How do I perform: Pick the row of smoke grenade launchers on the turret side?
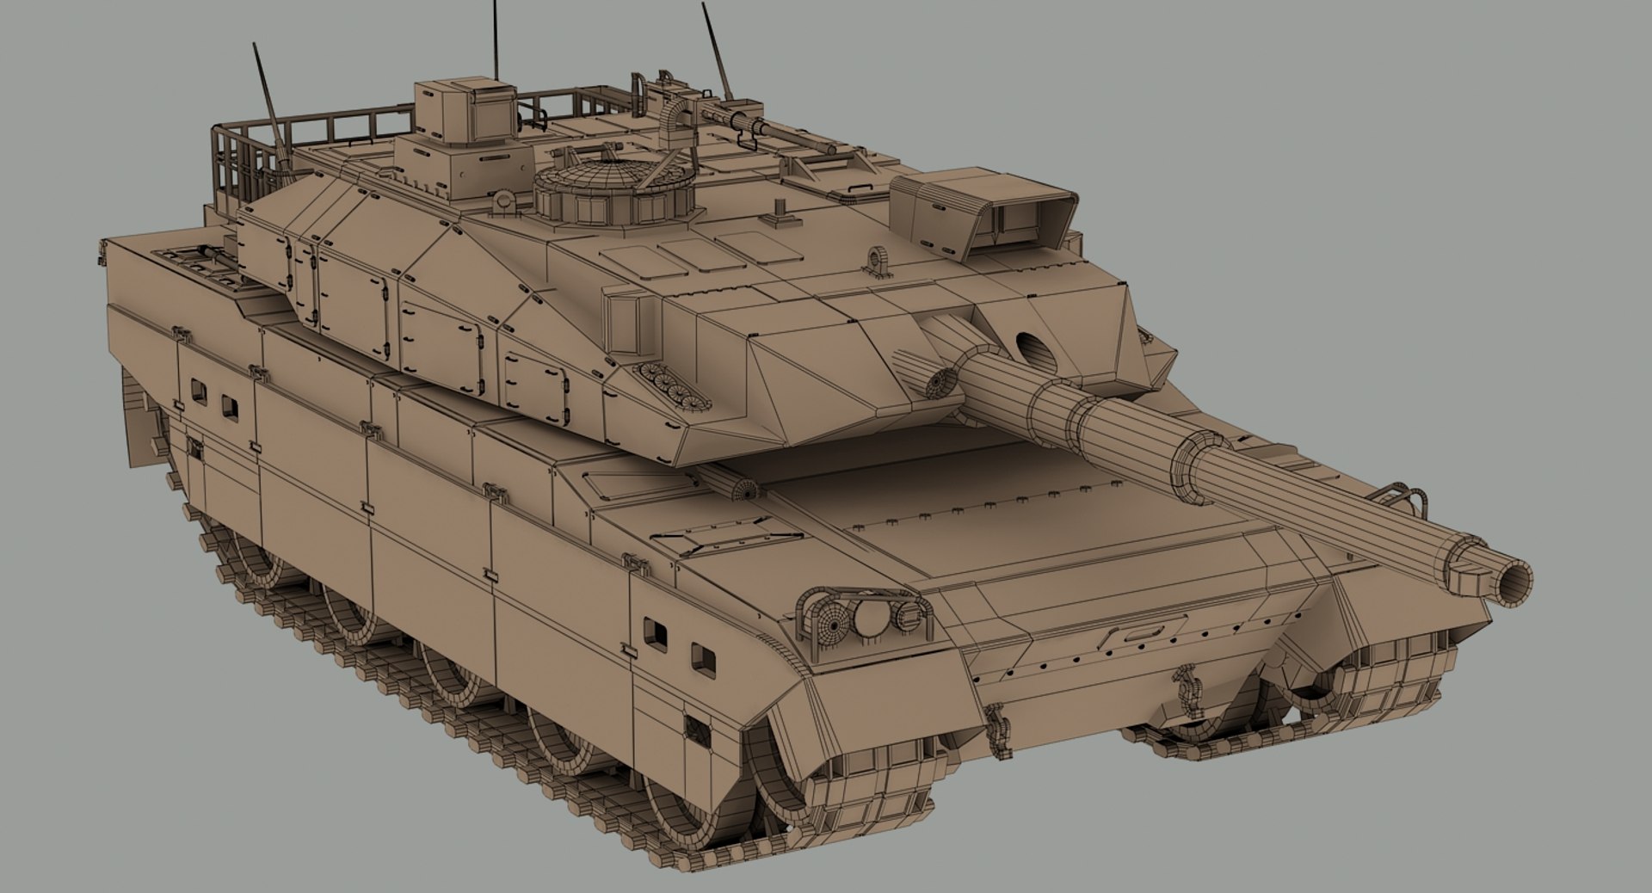coord(672,384)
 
